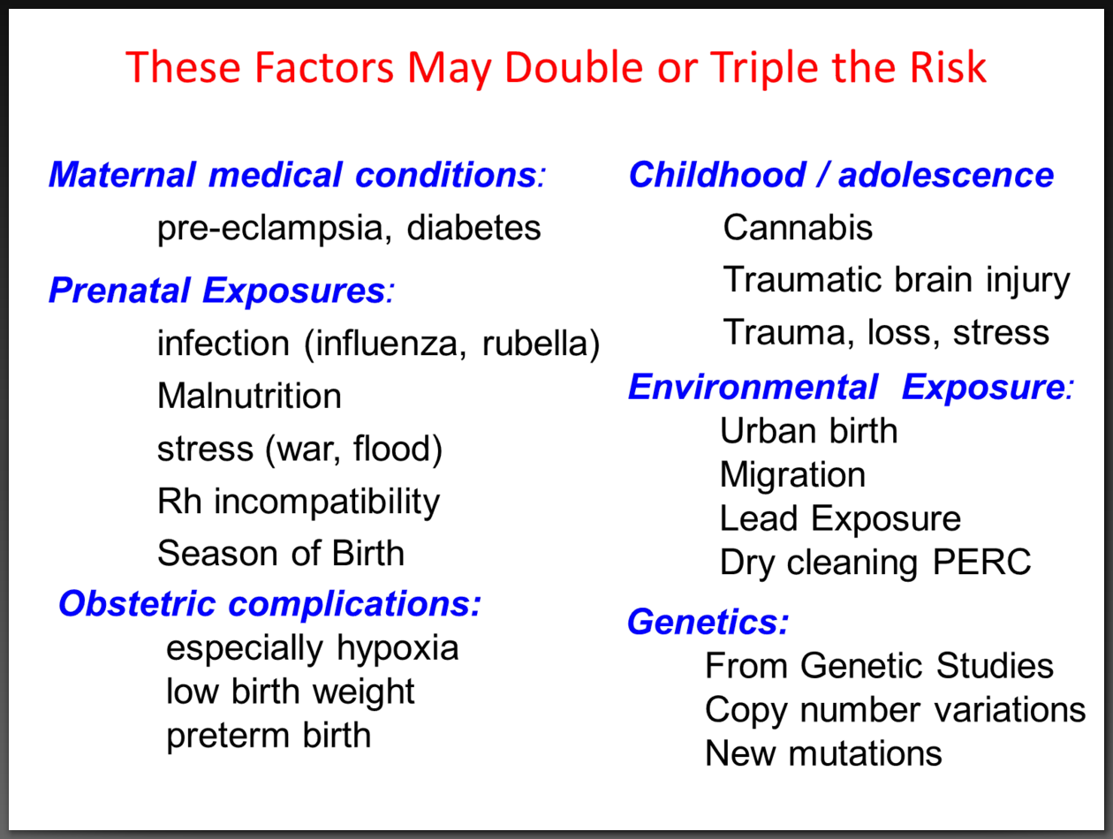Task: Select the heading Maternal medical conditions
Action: [x=297, y=175]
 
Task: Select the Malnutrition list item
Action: [x=249, y=396]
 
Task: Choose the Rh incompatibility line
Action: [x=298, y=502]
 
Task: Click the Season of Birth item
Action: [x=280, y=554]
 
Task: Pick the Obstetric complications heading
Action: [x=270, y=604]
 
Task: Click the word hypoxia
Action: [x=397, y=649]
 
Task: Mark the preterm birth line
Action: [x=269, y=735]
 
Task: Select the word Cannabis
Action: [x=798, y=228]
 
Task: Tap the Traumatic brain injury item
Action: [x=897, y=280]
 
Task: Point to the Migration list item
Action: [x=792, y=475]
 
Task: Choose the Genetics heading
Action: [x=708, y=623]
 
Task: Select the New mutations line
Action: [x=823, y=753]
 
